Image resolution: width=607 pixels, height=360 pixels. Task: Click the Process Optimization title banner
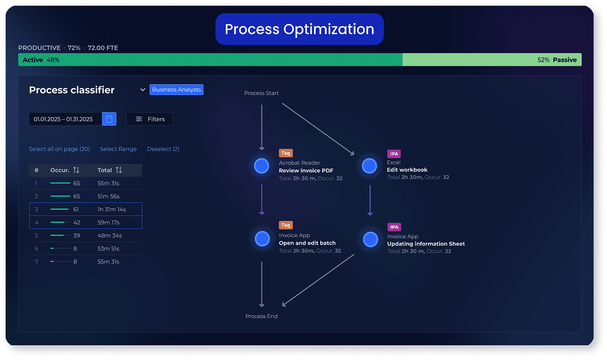coord(299,29)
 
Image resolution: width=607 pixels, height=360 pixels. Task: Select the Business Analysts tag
coord(177,89)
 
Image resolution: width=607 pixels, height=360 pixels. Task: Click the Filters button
coord(150,119)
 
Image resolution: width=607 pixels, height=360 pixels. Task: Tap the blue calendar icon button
coord(109,119)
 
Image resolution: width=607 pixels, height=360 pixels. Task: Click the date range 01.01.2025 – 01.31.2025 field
coord(64,119)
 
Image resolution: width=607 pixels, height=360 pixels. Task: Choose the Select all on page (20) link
coord(59,149)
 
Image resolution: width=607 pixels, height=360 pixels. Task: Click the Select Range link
coord(118,149)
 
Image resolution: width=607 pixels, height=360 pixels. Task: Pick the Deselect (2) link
coord(163,149)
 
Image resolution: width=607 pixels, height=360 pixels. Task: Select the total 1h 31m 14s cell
coord(112,209)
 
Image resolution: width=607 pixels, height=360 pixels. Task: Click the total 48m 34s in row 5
coord(110,236)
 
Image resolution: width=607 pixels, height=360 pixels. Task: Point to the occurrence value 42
coord(77,222)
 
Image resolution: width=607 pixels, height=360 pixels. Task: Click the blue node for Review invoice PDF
coord(262,166)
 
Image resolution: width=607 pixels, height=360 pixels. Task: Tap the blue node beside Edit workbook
coord(370,166)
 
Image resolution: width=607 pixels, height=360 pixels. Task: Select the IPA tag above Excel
coord(394,154)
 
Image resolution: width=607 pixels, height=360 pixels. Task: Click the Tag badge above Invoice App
coord(286,226)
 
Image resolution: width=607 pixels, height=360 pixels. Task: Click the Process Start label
coord(262,93)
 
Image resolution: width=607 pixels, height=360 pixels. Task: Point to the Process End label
coord(262,317)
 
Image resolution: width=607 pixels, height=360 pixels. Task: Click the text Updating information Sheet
coord(426,244)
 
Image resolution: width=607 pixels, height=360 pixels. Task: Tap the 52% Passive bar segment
coord(492,60)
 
